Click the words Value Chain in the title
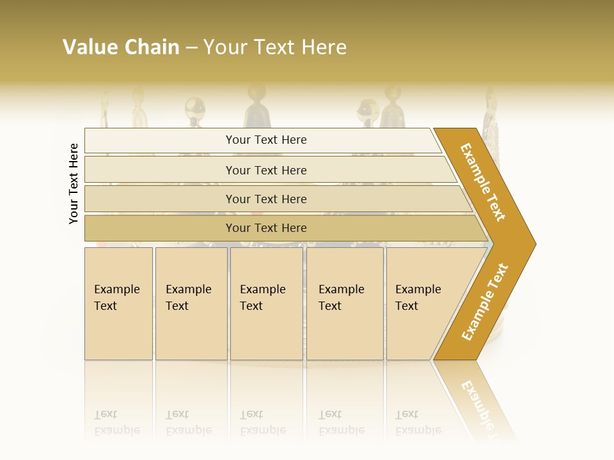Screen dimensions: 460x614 pyautogui.click(x=121, y=47)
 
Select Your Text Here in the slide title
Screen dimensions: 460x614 pyautogui.click(x=275, y=47)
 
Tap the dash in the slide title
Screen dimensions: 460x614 pyautogui.click(x=191, y=48)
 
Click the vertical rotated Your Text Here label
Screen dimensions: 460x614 pyautogui.click(x=74, y=183)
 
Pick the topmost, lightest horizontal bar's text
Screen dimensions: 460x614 pyautogui.click(x=266, y=140)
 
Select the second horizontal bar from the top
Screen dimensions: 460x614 pyautogui.click(x=266, y=170)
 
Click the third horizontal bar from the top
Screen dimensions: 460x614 pyautogui.click(x=266, y=199)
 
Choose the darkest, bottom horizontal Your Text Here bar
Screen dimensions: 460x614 pyautogui.click(x=266, y=228)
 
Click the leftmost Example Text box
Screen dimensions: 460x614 pyautogui.click(x=118, y=303)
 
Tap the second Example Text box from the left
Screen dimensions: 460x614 pyautogui.click(x=191, y=303)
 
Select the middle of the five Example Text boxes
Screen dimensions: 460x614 pyautogui.click(x=266, y=303)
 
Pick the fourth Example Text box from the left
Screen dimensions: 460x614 pyautogui.click(x=344, y=303)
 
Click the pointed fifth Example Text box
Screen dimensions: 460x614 pyautogui.click(x=422, y=303)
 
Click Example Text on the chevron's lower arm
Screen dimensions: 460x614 pyautogui.click(x=485, y=302)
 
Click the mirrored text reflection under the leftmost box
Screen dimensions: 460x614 pyautogui.click(x=117, y=422)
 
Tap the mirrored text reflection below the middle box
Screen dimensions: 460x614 pyautogui.click(x=262, y=422)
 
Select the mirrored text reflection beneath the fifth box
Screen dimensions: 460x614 pyautogui.click(x=418, y=422)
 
